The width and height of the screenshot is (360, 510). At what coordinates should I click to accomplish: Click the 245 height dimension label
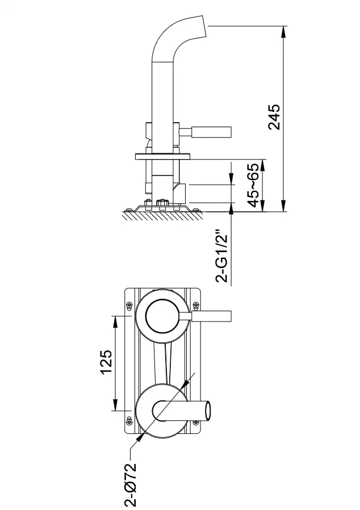(x=274, y=117)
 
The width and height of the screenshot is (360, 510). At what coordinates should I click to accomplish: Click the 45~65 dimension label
(x=254, y=185)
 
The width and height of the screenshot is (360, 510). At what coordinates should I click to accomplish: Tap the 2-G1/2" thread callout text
(x=223, y=256)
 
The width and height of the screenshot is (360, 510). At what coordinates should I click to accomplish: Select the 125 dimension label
(x=106, y=362)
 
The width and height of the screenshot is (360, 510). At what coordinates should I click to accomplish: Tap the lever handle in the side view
(x=211, y=132)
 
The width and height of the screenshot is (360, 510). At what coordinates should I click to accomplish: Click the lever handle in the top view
(x=212, y=316)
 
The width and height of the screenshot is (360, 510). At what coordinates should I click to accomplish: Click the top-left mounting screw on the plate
(x=129, y=305)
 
